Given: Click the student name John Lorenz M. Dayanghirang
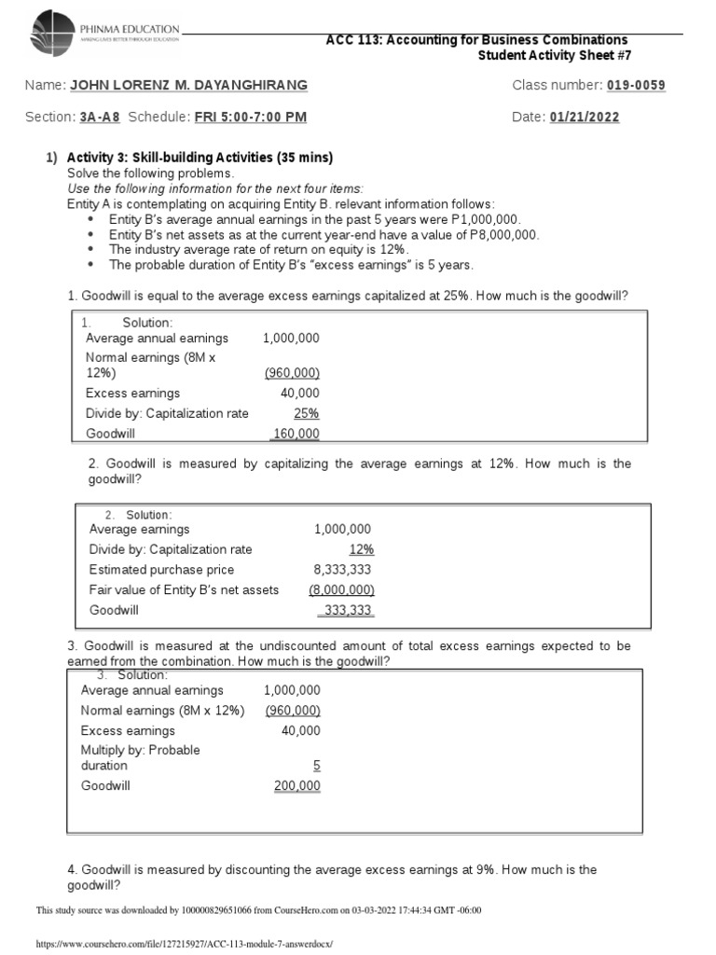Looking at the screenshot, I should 188,86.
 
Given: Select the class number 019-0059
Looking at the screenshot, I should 636,86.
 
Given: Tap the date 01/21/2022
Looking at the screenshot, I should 585,118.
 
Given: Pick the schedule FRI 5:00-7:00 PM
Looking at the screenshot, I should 250,118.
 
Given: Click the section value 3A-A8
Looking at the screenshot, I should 100,118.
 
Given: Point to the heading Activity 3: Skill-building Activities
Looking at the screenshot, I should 200,158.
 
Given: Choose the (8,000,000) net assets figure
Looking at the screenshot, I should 341,589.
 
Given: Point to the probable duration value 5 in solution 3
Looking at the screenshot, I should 316,765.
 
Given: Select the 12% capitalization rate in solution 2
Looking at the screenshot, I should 361,549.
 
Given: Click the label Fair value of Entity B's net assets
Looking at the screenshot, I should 184,589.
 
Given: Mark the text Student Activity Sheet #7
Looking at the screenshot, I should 554,55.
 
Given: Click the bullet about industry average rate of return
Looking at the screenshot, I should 258,250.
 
